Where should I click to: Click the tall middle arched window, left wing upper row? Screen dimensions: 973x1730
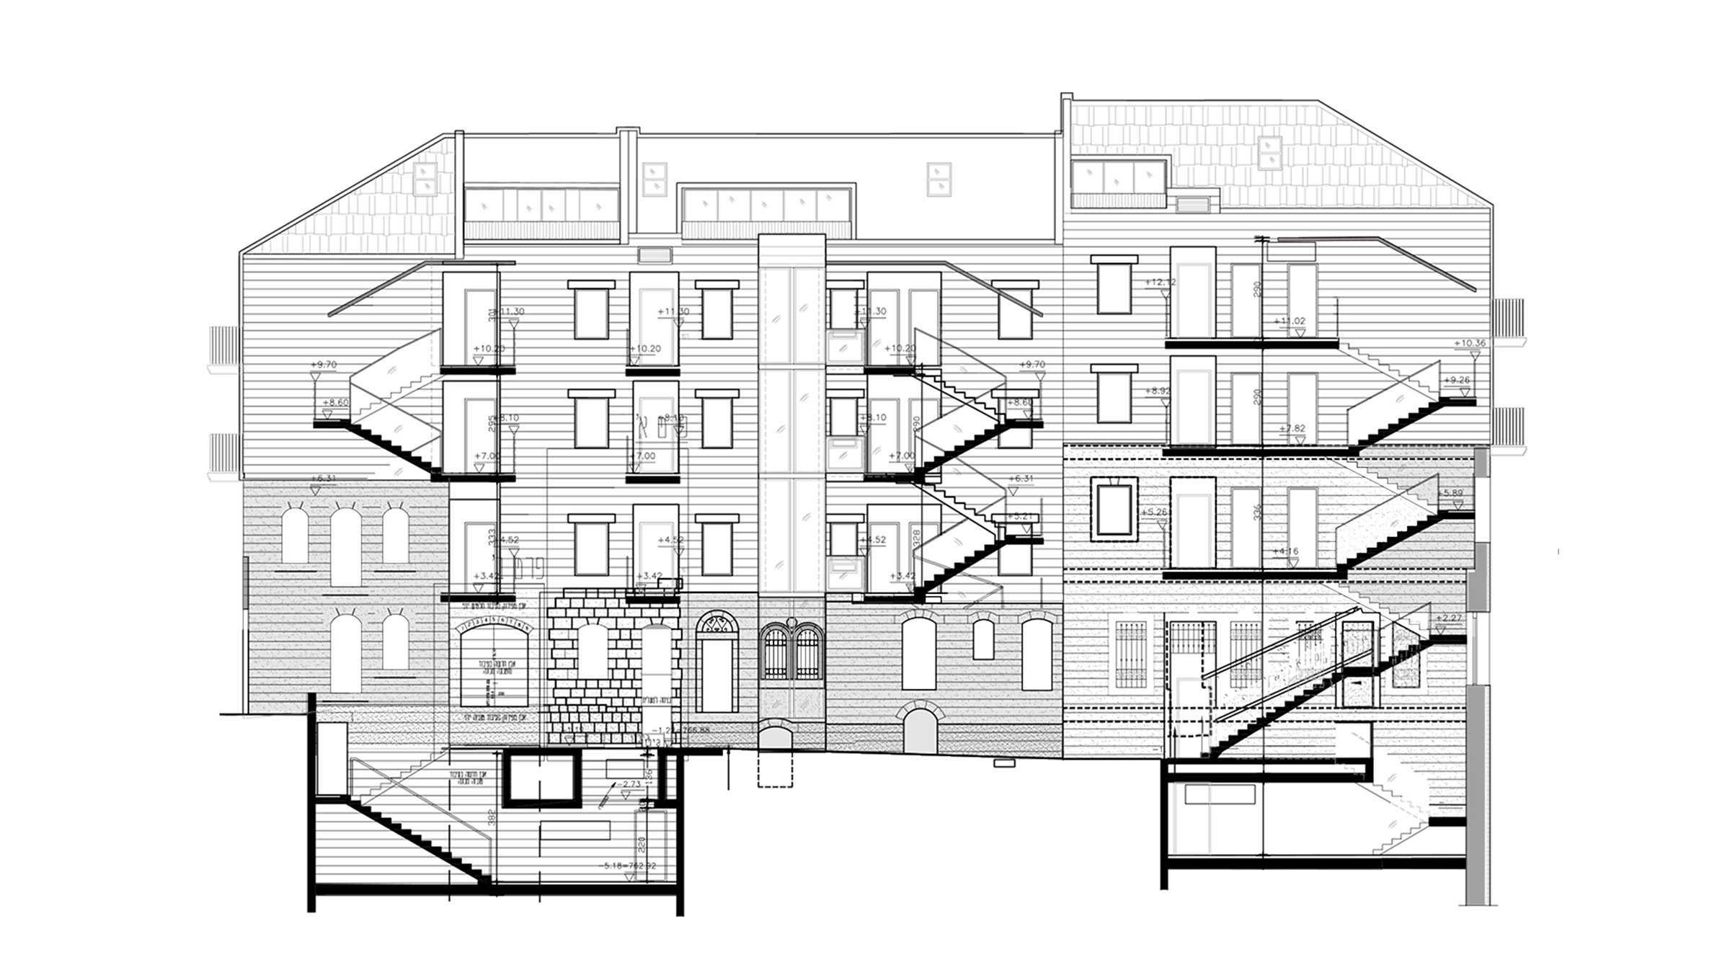345,547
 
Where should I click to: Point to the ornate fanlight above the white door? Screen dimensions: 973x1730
717,625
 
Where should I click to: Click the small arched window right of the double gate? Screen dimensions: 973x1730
983,639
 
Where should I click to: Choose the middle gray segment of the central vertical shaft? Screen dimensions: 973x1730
791,422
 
